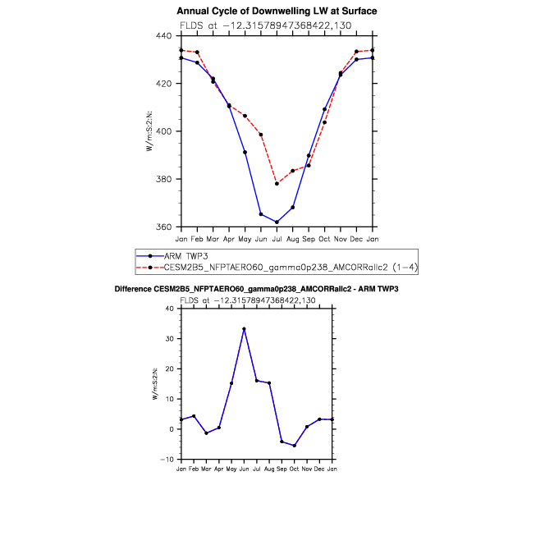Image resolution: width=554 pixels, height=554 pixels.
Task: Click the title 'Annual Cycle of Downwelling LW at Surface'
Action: [277, 11]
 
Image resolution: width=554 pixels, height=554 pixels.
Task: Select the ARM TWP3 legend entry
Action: [172, 256]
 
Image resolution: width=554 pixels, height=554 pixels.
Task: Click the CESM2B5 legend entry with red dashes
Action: [277, 268]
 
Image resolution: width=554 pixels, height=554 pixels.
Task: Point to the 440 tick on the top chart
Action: [164, 35]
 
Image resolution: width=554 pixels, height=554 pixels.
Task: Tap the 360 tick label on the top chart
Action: [164, 227]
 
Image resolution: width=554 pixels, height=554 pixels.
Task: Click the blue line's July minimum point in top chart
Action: [277, 222]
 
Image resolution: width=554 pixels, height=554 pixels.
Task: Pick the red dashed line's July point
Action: [277, 184]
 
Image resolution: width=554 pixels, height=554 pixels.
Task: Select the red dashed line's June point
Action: [261, 135]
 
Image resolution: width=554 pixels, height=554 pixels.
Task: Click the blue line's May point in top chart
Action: [245, 153]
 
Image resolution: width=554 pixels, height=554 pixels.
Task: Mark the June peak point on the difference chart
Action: [244, 329]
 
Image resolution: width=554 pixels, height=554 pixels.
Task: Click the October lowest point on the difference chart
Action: [295, 446]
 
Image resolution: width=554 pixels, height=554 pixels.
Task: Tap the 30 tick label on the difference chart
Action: [170, 338]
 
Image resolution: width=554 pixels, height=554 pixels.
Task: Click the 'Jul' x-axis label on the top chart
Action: [277, 239]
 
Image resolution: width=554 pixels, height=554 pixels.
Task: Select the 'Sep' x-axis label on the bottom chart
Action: [282, 469]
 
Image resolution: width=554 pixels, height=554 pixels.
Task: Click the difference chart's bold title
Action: [257, 289]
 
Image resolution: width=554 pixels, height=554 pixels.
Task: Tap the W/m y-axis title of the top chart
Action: [149, 131]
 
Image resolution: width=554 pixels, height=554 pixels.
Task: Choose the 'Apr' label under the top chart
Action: [229, 240]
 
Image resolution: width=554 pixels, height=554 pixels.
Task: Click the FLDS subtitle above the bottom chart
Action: [248, 300]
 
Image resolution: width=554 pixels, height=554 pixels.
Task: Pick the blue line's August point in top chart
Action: [292, 208]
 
